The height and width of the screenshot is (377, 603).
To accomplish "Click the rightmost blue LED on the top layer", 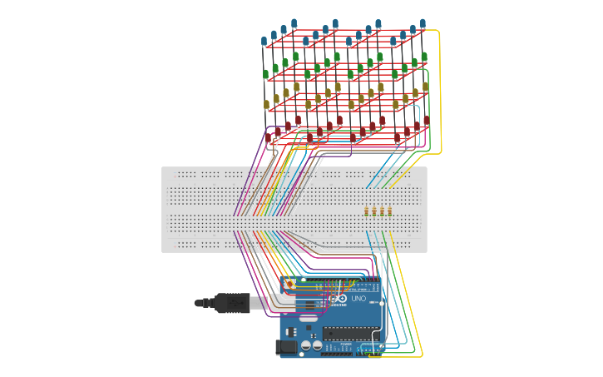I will [x=423, y=23].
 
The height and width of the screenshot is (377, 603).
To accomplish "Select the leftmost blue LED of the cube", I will [x=264, y=41].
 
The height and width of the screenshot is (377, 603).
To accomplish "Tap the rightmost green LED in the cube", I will [x=424, y=57].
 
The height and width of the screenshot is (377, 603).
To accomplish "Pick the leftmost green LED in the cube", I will [x=266, y=74].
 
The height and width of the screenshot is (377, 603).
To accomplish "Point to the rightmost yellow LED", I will [x=426, y=87].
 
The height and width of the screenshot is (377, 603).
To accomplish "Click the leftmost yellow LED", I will [x=267, y=105].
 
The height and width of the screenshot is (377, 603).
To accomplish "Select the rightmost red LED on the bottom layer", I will [x=427, y=121].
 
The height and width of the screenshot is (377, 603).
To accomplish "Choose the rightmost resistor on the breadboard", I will [x=389, y=211].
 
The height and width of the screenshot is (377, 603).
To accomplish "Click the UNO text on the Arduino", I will [x=358, y=299].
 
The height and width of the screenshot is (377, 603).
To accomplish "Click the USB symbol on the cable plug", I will [x=235, y=304].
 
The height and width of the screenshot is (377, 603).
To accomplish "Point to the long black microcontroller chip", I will [x=350, y=335].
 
